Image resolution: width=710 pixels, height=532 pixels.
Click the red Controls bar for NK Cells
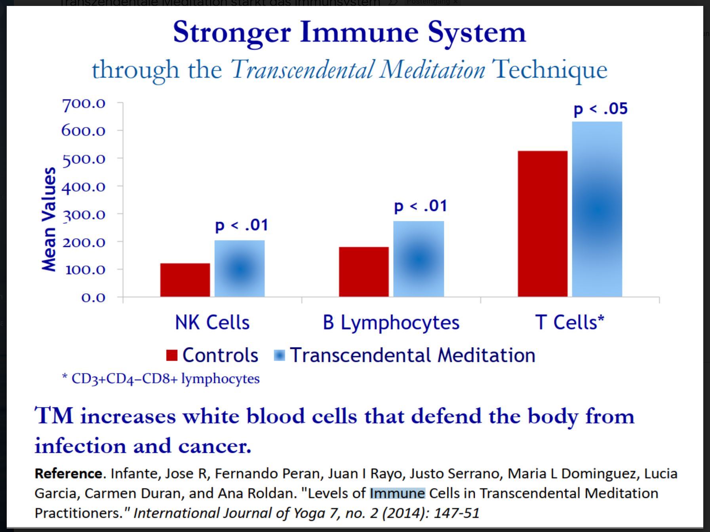185,280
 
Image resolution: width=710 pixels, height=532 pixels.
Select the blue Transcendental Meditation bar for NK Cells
240,268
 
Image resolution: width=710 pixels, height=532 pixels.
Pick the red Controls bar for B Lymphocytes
364,272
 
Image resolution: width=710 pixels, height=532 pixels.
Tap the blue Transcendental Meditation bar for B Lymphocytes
419,259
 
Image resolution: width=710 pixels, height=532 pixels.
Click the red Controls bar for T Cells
542,224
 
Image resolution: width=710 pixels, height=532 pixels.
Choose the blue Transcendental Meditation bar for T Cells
597,209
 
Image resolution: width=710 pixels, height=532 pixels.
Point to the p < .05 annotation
601,109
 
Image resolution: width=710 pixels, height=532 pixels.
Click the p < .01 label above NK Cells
242,225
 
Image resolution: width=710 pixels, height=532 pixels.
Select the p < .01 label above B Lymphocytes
421,206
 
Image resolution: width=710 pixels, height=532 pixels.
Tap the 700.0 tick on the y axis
84,104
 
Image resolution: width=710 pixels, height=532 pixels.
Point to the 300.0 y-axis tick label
84,215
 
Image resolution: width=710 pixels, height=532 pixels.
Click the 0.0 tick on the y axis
93,297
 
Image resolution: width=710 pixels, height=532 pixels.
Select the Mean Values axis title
49,219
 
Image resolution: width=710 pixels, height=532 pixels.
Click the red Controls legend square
172,355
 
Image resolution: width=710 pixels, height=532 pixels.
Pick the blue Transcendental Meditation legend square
279,355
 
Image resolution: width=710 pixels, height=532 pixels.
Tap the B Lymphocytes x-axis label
391,323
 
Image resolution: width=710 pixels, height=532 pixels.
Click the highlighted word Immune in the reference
397,493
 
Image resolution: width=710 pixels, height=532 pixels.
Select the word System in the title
477,32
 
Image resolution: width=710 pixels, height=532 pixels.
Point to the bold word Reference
68,473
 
